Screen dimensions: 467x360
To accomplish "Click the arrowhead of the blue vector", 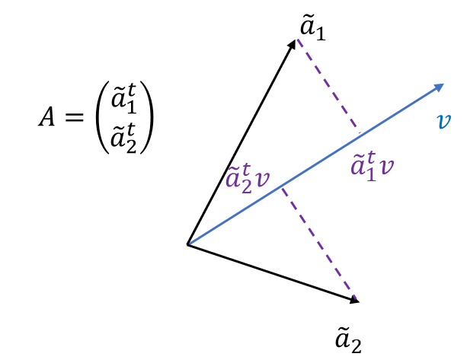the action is (x=440, y=86).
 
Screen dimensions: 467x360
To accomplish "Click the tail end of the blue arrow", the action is (x=190, y=244).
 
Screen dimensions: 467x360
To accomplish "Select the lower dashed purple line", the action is (x=320, y=244).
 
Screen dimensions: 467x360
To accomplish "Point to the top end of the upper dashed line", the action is (x=297, y=38).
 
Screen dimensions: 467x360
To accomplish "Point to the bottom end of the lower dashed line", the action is (x=356, y=298).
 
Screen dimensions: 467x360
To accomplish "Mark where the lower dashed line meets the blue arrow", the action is (x=281, y=186).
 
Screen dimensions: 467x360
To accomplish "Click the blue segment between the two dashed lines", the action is (x=320, y=162).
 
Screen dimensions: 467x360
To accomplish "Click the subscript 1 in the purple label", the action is (x=370, y=173).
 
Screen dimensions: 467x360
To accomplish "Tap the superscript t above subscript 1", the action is (x=371, y=157).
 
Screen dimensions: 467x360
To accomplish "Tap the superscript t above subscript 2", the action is (x=246, y=170).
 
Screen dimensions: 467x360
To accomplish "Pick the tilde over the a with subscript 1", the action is (x=357, y=155).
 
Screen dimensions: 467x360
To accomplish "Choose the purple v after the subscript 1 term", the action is (x=386, y=167).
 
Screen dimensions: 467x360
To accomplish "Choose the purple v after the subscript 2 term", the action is (x=262, y=180).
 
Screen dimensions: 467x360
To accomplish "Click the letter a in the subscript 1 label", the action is (x=358, y=167).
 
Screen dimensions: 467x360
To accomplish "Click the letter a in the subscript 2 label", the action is (x=233, y=180).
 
